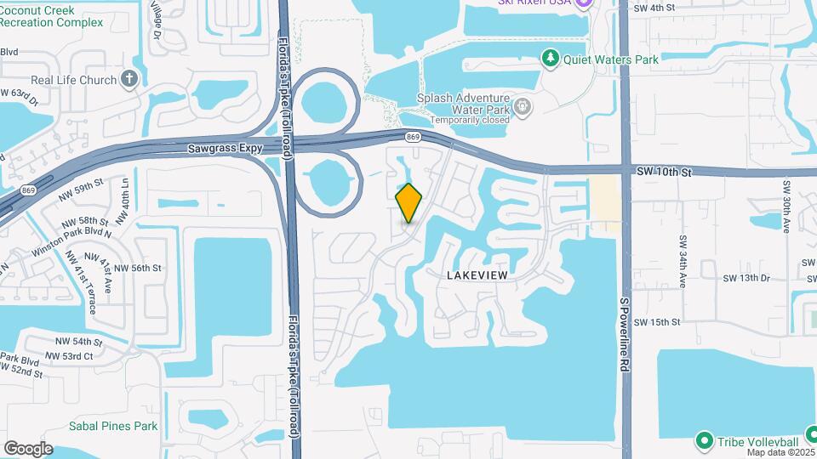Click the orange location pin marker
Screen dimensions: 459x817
coord(408,202)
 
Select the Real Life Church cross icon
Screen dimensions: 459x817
coord(129,80)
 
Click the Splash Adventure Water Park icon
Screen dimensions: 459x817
coord(523,107)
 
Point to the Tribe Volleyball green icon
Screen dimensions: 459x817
coord(704,441)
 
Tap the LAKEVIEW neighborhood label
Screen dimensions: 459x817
coord(477,275)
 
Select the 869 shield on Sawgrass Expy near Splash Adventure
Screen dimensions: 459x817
coord(413,136)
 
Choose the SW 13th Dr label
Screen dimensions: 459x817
coord(746,278)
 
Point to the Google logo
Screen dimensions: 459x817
coord(28,449)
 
